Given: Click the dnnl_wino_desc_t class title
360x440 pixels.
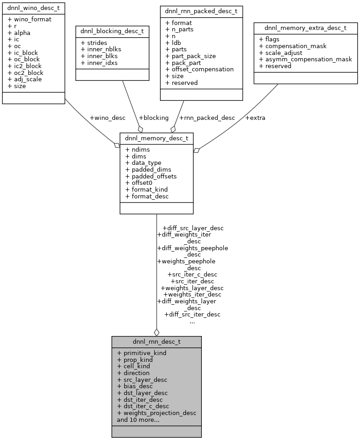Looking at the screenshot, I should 34,8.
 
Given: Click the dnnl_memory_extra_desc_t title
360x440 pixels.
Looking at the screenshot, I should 305,28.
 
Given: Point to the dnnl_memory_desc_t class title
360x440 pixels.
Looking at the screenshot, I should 156,139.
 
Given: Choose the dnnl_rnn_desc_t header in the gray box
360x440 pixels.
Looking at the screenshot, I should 156,342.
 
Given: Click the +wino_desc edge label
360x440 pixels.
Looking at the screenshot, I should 107,118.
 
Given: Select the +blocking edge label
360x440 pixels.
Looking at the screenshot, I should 154,118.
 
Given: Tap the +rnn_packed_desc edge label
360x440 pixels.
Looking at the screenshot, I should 207,118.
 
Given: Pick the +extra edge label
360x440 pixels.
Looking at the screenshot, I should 255,118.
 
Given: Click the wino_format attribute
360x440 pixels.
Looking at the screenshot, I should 30,19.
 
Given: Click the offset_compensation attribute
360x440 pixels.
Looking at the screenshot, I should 200,69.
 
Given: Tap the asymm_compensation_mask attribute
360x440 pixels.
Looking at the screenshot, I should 305,59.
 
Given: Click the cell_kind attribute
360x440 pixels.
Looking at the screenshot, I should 133,366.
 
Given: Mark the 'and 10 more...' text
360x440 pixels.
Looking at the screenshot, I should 138,420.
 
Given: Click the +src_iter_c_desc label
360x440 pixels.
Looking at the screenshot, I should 192,274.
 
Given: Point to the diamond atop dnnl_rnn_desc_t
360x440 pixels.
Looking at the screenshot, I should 156,332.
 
